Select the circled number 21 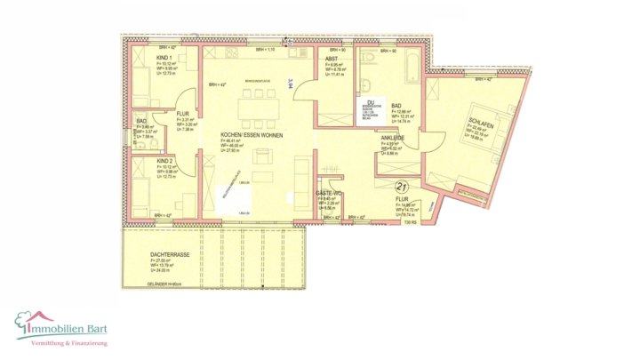coord(401,186)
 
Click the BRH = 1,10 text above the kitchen coord(254,50)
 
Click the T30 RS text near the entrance coord(412,222)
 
